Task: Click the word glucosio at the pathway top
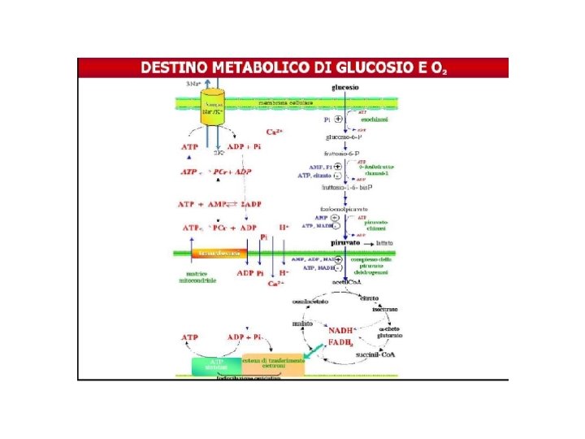click(345, 88)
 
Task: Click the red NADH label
click(342, 330)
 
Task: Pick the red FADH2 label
click(341, 343)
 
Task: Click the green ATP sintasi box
click(217, 365)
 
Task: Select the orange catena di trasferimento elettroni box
click(273, 365)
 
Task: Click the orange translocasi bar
click(217, 254)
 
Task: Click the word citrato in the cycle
click(370, 298)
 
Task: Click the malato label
click(303, 323)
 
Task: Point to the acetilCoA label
click(344, 282)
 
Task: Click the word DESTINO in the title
click(175, 68)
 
